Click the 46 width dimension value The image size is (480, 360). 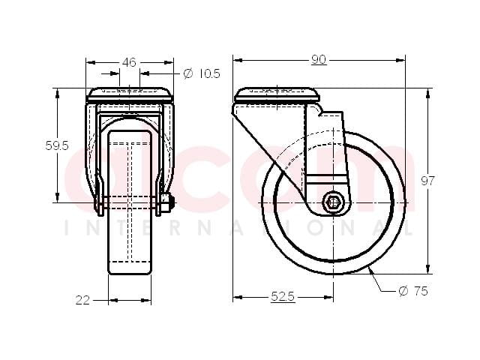129,62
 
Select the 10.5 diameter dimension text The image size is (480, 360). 209,73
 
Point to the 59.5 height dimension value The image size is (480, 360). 57,145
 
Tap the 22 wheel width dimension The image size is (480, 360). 82,300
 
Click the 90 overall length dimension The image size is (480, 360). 319,60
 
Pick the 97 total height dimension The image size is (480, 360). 427,181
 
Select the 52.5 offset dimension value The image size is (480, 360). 283,296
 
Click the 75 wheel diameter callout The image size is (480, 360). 421,291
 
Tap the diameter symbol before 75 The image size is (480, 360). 403,291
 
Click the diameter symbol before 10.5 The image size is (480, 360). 188,73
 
